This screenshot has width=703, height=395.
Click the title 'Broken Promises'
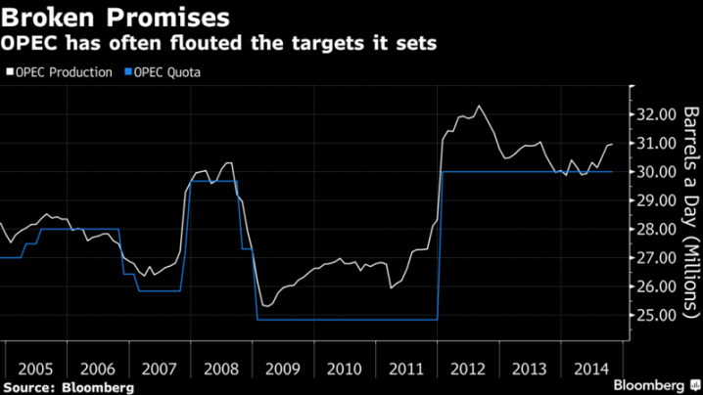point(117,18)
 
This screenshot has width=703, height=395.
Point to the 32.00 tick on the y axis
point(652,114)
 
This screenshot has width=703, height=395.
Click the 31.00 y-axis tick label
point(652,144)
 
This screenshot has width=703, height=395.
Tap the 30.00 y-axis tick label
point(652,172)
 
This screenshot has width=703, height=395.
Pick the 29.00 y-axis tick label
point(652,200)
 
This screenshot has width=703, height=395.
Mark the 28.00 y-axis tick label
point(652,230)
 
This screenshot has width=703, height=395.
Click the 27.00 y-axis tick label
point(652,258)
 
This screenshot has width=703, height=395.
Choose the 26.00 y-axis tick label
point(652,287)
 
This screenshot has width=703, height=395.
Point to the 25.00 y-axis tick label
point(652,316)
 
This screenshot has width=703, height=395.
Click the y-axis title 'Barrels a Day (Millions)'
point(689,209)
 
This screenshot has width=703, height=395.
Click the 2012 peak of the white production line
point(479,107)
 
